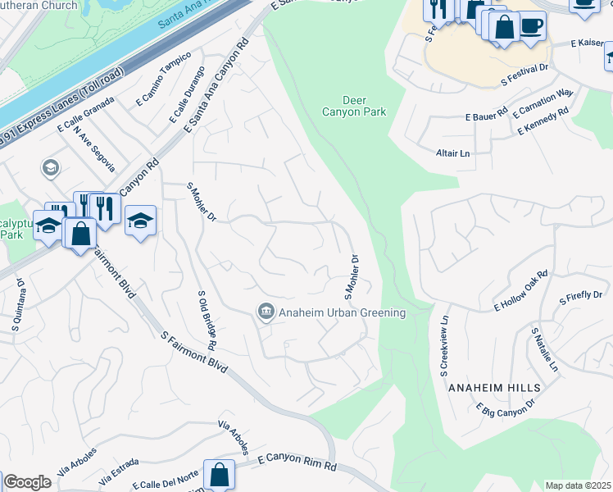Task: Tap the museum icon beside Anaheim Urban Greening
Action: tap(266, 312)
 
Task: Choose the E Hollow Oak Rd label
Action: tap(520, 291)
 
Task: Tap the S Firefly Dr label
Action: tap(580, 296)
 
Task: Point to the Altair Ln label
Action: tap(452, 153)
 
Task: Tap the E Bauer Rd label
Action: tap(487, 114)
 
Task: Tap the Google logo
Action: tap(27, 482)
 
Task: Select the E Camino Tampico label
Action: tap(164, 80)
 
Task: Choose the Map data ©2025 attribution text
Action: tap(578, 485)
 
